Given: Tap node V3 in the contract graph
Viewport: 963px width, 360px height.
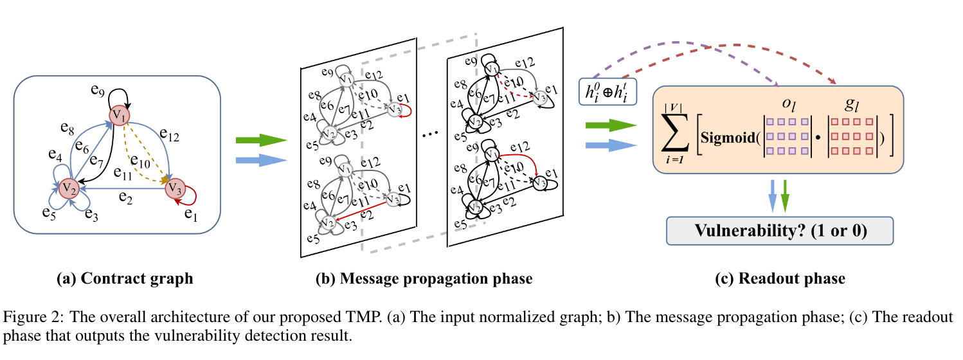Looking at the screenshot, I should coord(173,188).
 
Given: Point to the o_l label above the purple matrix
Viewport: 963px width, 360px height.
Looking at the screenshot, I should coord(788,104).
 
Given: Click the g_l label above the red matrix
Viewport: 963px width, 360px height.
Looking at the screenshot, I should coord(854,104).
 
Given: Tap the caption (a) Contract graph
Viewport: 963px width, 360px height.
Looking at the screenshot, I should coord(125,278).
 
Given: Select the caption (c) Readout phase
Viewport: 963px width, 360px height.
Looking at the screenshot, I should coord(779,278).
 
